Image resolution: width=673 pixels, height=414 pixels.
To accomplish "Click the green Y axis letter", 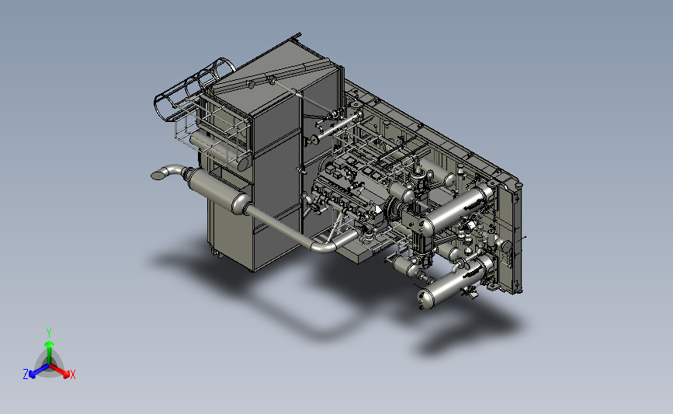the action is [49, 333].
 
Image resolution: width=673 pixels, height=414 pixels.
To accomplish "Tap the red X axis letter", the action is [72, 374].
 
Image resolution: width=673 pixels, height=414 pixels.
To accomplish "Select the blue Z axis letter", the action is [26, 374].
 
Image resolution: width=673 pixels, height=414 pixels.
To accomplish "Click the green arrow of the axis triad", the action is [50, 352].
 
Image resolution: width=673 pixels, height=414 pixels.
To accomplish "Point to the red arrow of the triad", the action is [59, 371].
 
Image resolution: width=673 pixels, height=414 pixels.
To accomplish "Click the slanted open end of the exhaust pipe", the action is [159, 175].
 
